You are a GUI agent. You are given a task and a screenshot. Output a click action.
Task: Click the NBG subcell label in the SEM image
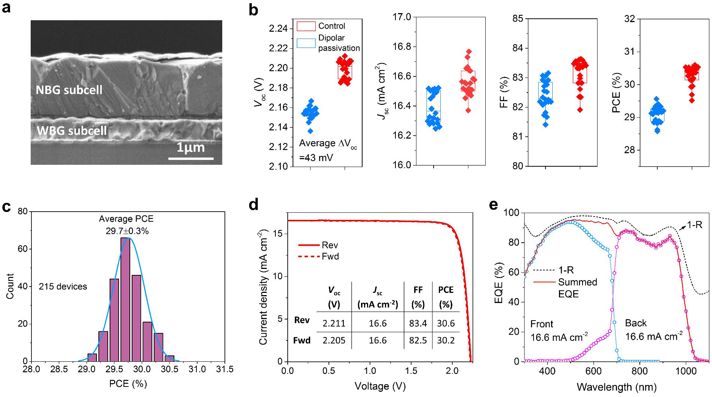[69, 90]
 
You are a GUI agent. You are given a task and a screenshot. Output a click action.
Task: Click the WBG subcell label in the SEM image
[72, 131]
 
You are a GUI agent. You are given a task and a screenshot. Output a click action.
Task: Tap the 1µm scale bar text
[190, 148]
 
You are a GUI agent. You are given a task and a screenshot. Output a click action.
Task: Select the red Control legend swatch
[306, 26]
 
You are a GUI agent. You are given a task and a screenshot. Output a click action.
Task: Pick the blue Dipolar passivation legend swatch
[306, 43]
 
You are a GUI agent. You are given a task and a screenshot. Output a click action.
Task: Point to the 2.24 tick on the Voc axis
[278, 29]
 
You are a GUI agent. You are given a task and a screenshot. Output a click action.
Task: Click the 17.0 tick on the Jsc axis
[402, 17]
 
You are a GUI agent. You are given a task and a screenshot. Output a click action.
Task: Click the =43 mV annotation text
[316, 158]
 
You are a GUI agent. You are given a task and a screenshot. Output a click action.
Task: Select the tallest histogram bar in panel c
[125, 300]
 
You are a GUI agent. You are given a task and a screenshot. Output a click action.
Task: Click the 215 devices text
[63, 287]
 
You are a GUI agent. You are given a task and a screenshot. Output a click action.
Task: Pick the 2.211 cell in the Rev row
[334, 323]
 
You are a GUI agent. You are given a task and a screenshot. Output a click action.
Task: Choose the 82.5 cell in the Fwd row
[418, 340]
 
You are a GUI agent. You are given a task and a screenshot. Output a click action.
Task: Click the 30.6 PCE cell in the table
[446, 323]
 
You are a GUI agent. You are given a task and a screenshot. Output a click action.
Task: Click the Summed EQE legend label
[577, 288]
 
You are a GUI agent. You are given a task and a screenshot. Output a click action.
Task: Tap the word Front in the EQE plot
[541, 324]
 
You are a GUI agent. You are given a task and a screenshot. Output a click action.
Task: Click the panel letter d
[254, 205]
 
